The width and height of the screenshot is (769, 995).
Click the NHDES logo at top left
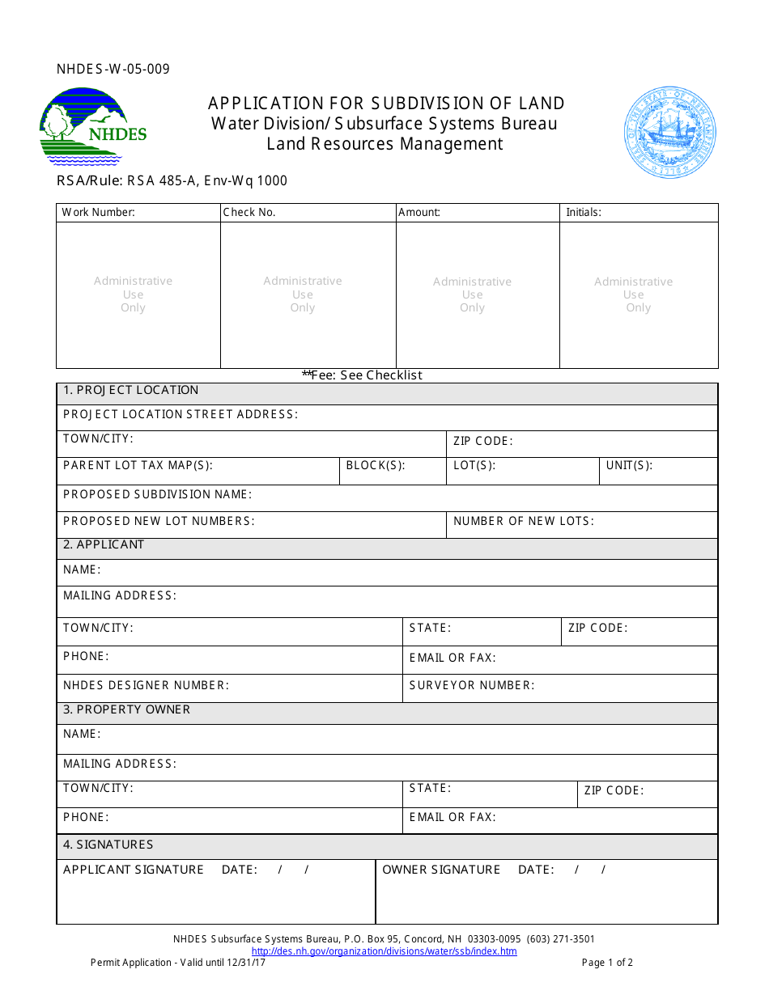coord(93,126)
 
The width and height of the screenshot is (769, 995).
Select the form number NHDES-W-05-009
coord(113,70)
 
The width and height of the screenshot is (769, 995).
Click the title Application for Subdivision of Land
coord(386,104)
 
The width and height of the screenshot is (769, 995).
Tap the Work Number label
coord(99,213)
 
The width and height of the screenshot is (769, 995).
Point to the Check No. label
coord(249,213)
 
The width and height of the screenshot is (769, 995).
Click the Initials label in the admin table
coord(583,213)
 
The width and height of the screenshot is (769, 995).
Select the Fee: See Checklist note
coord(363,375)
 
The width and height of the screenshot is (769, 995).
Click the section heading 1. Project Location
coord(131,391)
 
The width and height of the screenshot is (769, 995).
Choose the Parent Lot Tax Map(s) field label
coord(138,466)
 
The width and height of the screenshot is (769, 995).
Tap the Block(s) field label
coord(376,466)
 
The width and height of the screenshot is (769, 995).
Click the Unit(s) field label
coord(629,466)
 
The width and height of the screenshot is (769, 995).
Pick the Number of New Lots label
coord(524,522)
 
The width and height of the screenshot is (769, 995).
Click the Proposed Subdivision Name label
coord(157,494)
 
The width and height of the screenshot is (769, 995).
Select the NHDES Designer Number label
coord(147,686)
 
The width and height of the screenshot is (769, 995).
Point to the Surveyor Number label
coord(472,686)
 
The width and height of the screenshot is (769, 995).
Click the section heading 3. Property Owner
coord(127,710)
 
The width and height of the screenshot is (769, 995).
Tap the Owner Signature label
coord(441,870)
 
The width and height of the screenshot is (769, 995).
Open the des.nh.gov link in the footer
coord(384,951)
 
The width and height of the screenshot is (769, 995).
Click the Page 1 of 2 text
coord(607,963)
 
